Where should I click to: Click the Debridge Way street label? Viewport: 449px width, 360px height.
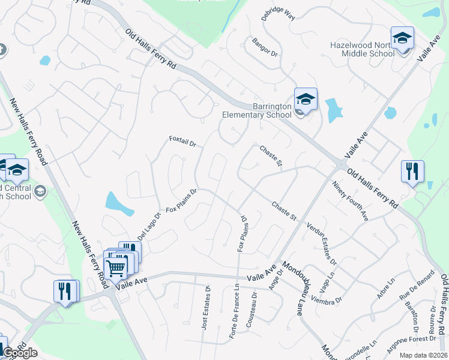tap(279, 14)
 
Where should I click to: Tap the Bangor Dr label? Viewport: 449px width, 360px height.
tap(265, 47)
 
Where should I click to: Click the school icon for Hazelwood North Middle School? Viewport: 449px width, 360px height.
tap(402, 38)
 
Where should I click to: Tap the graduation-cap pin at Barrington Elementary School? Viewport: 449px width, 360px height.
tap(305, 99)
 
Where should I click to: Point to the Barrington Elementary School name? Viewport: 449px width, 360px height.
tap(255, 110)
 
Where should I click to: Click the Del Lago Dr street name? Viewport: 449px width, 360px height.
tap(150, 226)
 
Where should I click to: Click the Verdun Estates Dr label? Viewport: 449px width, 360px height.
tap(322, 244)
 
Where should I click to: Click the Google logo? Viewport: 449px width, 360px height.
tap(19, 353)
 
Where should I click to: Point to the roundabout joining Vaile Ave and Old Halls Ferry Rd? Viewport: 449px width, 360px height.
tap(341, 164)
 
